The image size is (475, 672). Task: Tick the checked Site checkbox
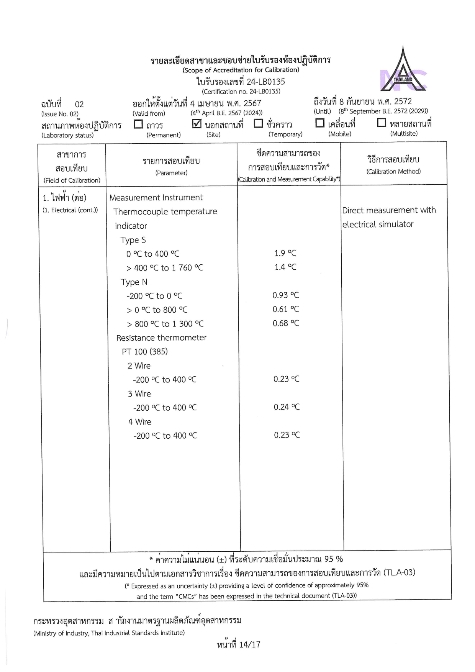(x=197, y=123)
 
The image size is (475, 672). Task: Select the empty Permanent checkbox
(x=138, y=124)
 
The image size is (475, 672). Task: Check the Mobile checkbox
(x=319, y=123)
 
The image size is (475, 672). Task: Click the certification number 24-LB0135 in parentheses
(x=241, y=92)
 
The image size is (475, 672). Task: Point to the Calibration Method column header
(x=393, y=165)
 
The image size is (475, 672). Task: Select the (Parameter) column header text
(x=171, y=173)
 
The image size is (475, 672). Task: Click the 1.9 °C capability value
(x=285, y=253)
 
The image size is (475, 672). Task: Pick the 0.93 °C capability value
(x=286, y=295)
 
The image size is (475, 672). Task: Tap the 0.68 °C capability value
(x=286, y=323)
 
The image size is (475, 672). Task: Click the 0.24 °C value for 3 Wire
(x=287, y=407)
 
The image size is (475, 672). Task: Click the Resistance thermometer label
(x=161, y=338)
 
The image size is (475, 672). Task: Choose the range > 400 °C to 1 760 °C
(x=165, y=268)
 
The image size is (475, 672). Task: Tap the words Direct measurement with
(x=389, y=210)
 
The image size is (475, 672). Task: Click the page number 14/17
(x=250, y=644)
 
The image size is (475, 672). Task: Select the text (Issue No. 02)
(x=60, y=114)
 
